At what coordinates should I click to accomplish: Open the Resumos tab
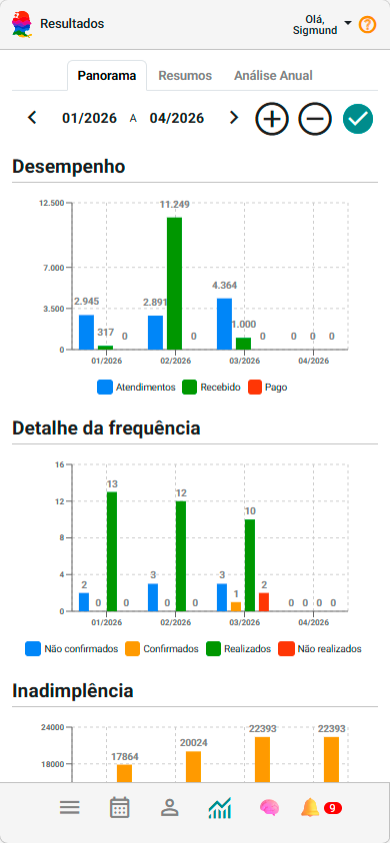[184, 75]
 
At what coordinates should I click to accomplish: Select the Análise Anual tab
[273, 75]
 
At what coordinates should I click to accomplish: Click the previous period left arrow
[32, 118]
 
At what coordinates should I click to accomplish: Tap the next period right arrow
[234, 118]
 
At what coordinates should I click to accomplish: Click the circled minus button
[314, 119]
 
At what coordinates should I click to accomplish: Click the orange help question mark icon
[367, 24]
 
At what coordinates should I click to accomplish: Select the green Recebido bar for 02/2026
[174, 283]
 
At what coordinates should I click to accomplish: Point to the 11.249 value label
[175, 205]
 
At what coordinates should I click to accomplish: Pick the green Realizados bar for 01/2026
[112, 551]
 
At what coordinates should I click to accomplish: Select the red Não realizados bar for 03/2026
[264, 601]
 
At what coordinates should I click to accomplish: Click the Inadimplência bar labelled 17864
[124, 772]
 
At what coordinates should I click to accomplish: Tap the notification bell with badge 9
[312, 808]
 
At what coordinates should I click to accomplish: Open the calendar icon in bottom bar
[120, 808]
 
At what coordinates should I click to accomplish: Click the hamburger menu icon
[69, 808]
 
